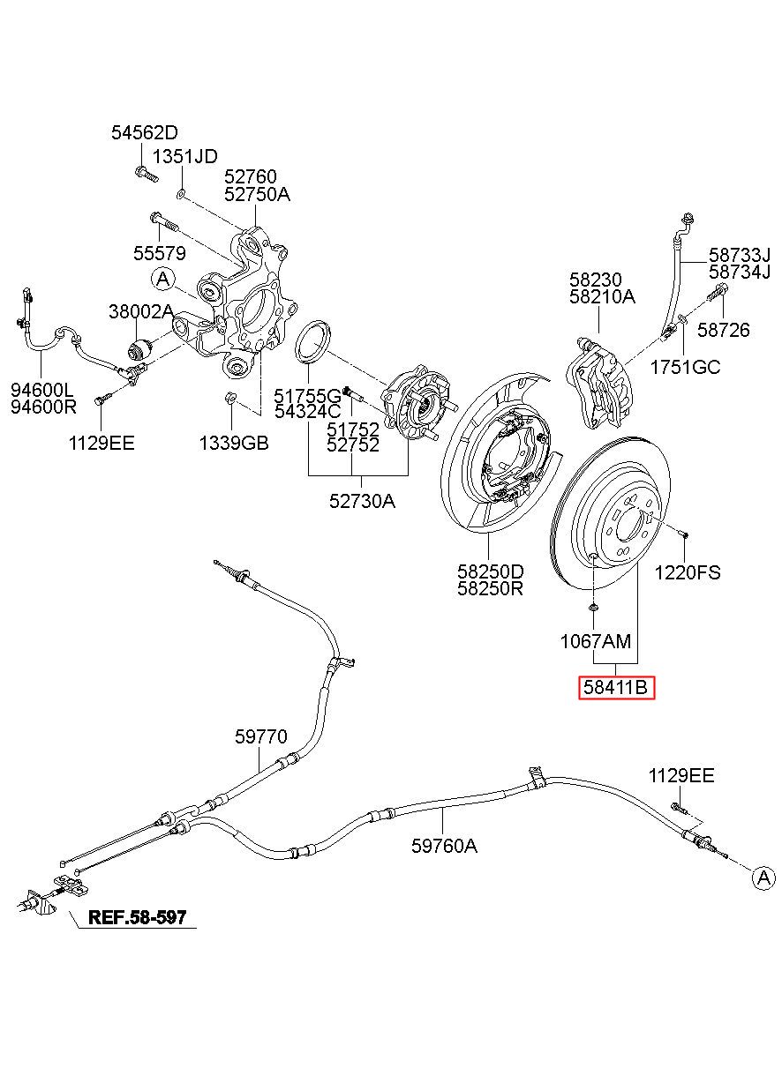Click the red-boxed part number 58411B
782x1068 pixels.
click(x=615, y=687)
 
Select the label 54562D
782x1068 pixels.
click(x=145, y=132)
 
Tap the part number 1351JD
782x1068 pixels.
click(x=185, y=156)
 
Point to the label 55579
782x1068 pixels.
click(x=160, y=253)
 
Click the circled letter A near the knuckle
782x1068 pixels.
click(x=163, y=279)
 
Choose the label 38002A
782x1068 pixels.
click(x=141, y=311)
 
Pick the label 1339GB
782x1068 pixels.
click(x=234, y=443)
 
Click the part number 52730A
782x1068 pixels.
click(x=362, y=501)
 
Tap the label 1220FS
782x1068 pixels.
click(x=687, y=572)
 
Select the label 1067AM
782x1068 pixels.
click(x=596, y=642)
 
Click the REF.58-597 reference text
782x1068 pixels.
click(x=138, y=917)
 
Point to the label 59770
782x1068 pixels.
click(x=261, y=736)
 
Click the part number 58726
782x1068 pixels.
click(x=724, y=330)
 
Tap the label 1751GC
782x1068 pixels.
click(x=686, y=368)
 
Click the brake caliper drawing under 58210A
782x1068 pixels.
click(x=599, y=382)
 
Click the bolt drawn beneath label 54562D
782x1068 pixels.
click(x=146, y=174)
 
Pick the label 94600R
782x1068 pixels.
click(x=43, y=407)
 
